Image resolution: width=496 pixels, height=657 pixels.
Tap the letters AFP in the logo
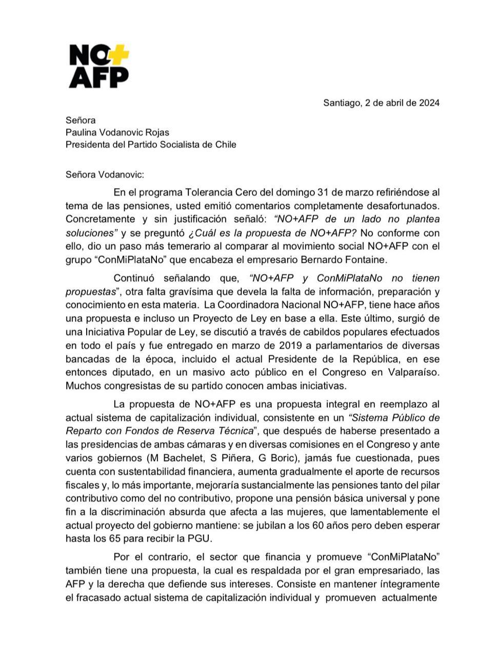click(x=99, y=76)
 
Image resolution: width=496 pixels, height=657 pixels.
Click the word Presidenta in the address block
click(x=88, y=144)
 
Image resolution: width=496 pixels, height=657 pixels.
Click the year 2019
click(x=293, y=345)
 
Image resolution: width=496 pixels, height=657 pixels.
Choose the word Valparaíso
click(x=413, y=372)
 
